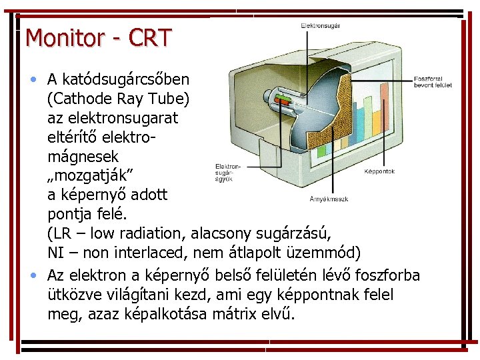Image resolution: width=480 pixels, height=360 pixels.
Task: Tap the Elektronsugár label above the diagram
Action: click(321, 26)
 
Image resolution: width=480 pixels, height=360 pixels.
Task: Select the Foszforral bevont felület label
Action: click(433, 82)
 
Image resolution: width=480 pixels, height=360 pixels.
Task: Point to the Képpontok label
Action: click(379, 171)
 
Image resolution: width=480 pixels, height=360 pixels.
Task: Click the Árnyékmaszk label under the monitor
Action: click(329, 199)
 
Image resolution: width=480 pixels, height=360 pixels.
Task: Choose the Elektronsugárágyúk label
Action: click(227, 172)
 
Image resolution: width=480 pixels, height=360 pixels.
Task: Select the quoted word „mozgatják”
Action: click(91, 175)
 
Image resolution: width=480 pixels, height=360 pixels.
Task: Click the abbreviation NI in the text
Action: click(56, 253)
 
